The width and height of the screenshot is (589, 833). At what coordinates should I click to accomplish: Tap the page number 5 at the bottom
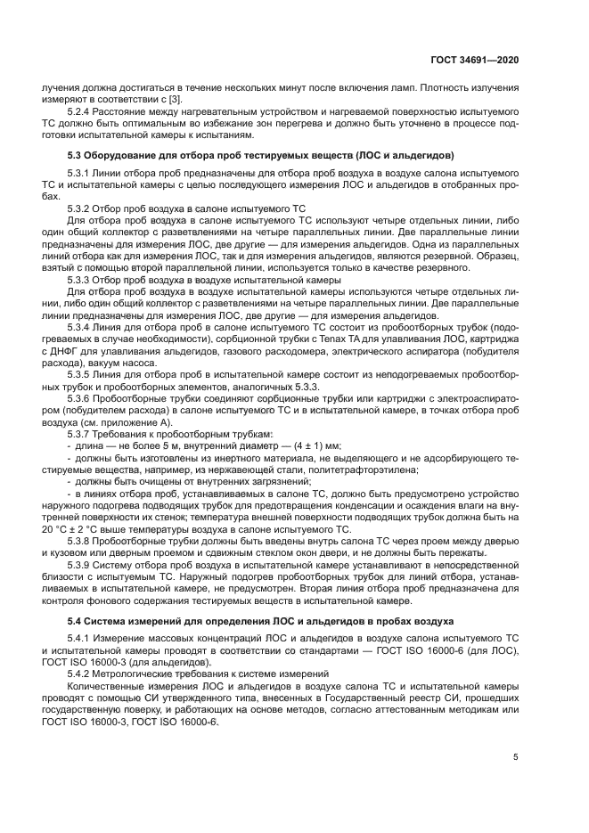pyautogui.click(x=516, y=757)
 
